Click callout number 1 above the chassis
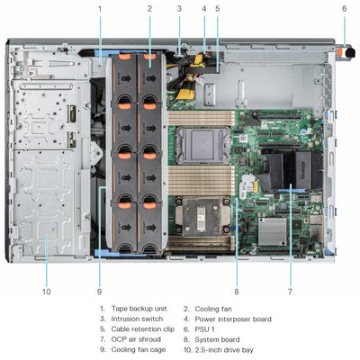[x=100, y=9]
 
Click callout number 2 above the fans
[x=149, y=9]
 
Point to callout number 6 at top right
[x=344, y=9]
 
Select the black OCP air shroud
[x=290, y=171]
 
